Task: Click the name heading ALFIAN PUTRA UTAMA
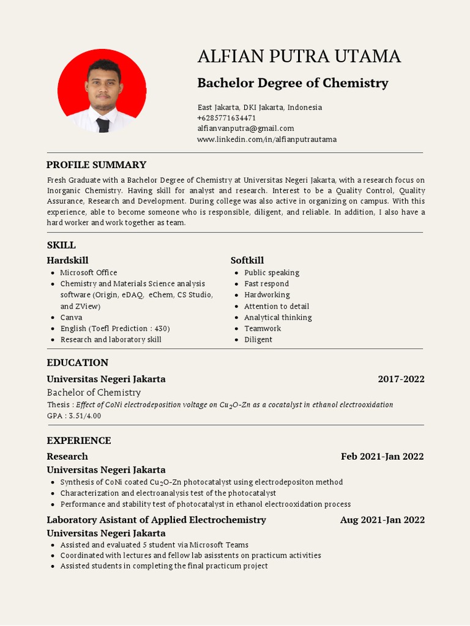(299, 56)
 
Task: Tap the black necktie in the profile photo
(103, 125)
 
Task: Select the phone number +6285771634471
(226, 117)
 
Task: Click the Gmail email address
(245, 128)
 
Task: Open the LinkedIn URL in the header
(266, 139)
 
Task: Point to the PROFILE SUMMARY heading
(97, 164)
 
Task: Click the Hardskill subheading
(67, 260)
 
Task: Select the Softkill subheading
(247, 260)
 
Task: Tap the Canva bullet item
(71, 317)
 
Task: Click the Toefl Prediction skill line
(114, 328)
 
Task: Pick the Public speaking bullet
(272, 273)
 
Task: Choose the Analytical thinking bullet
(278, 317)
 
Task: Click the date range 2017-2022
(401, 379)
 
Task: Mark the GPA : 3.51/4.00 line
(74, 416)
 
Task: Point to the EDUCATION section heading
(78, 363)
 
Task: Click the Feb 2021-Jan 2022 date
(382, 457)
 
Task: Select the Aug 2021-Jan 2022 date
(382, 520)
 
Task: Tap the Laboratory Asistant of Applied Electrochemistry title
(156, 520)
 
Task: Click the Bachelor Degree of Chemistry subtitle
(293, 83)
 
